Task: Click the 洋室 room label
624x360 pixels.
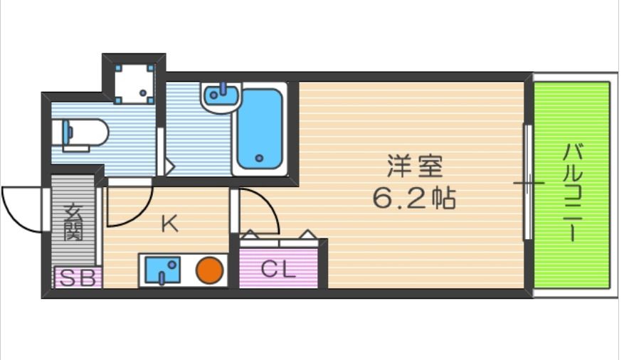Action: [x=415, y=166]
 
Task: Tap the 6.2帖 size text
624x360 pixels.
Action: [x=414, y=198]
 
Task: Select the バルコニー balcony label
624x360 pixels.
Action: [x=573, y=193]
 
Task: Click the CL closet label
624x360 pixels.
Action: [x=278, y=270]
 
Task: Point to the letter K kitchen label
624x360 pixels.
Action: [x=169, y=224]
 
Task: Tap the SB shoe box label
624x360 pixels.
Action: [x=78, y=278]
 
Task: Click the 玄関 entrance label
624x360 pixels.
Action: [x=73, y=222]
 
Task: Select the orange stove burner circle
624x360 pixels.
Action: [x=209, y=270]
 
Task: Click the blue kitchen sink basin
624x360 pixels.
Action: [x=162, y=270]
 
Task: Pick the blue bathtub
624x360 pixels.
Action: [x=260, y=129]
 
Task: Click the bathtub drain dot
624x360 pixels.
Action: [x=260, y=159]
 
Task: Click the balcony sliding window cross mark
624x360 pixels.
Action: [x=529, y=184]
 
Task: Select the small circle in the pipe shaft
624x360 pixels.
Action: [x=143, y=93]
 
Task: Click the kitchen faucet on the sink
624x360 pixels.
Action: [x=162, y=278]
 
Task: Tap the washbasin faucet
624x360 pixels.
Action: [x=223, y=88]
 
